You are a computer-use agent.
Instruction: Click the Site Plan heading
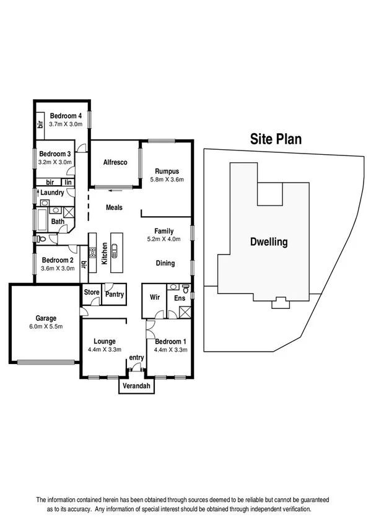pos(276,139)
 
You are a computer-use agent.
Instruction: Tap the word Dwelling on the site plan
pos(269,242)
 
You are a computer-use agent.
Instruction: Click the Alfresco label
pos(115,162)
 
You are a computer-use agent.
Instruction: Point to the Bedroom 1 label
pos(169,341)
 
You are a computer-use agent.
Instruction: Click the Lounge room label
pos(105,341)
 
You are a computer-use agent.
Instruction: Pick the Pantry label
pos(115,295)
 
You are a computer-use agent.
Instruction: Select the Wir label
pos(155,297)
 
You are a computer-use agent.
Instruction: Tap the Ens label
pos(180,298)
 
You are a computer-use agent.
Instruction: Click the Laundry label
pos(53,193)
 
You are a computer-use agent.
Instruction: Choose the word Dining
pos(165,263)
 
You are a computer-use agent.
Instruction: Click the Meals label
pos(114,208)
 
